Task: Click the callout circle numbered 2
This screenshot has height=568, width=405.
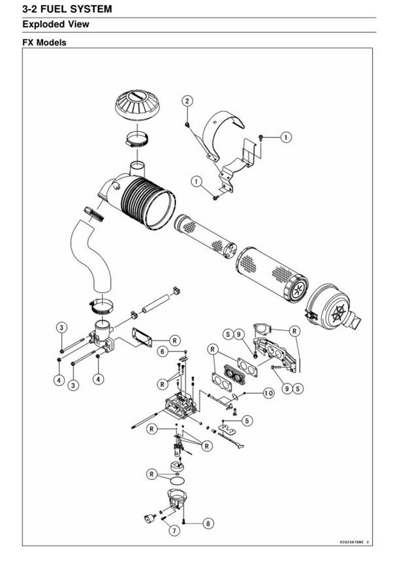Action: [x=187, y=101]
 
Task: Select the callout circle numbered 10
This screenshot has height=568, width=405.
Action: [x=268, y=393]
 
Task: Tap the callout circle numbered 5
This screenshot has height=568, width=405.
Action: [x=247, y=420]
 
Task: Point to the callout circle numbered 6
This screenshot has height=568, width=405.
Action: [x=163, y=351]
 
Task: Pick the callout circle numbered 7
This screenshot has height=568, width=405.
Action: [x=174, y=530]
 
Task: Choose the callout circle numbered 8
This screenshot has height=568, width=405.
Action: [x=208, y=523]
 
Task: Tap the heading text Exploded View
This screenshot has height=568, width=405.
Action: [x=56, y=24]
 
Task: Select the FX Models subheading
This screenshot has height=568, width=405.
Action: [x=44, y=42]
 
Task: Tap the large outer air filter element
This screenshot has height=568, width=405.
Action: [x=272, y=273]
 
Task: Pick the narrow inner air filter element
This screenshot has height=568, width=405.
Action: [x=205, y=236]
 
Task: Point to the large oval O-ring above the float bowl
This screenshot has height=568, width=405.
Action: [x=178, y=481]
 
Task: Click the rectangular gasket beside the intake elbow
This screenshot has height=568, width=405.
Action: [x=142, y=337]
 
